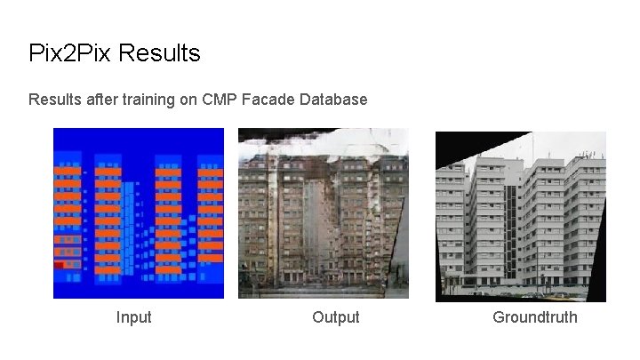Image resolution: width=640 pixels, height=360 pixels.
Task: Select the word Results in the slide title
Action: pos(159,53)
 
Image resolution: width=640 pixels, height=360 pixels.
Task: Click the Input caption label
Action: pos(133,317)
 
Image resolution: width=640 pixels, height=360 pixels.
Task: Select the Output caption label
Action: pos(336,317)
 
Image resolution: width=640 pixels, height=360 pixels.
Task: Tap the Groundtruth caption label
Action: pos(535,317)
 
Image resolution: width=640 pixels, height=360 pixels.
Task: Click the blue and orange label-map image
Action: pos(138,213)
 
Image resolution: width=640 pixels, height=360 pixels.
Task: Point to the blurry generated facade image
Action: pos(324,213)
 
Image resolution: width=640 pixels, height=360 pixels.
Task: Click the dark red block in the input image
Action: pos(60,265)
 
